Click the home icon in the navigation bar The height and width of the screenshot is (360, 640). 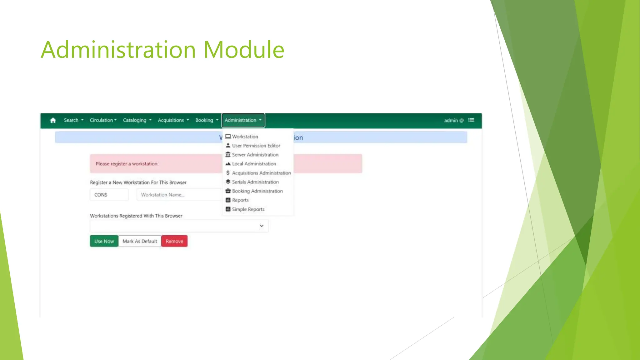(x=53, y=120)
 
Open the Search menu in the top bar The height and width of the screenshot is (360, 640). (x=73, y=120)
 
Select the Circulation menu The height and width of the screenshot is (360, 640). (x=103, y=120)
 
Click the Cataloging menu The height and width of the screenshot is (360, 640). (x=137, y=120)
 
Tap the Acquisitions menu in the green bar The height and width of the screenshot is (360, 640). (x=173, y=120)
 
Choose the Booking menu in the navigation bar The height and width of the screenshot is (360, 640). (x=207, y=120)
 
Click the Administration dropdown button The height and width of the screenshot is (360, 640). (x=243, y=120)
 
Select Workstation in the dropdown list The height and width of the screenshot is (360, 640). (x=245, y=137)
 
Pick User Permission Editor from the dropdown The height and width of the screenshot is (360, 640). (x=256, y=146)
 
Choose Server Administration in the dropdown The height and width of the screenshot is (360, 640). (x=255, y=155)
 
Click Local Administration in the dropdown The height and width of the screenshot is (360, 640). (x=254, y=164)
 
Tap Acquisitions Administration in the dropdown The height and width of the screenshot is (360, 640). (x=261, y=173)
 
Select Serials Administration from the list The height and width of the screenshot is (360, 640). (x=255, y=182)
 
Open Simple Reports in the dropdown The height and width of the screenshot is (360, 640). (x=248, y=209)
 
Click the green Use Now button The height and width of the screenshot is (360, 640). (x=104, y=241)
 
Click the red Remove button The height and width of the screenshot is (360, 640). (x=174, y=241)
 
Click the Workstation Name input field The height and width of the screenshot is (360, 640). (x=178, y=195)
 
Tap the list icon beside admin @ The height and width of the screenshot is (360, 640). (x=471, y=120)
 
